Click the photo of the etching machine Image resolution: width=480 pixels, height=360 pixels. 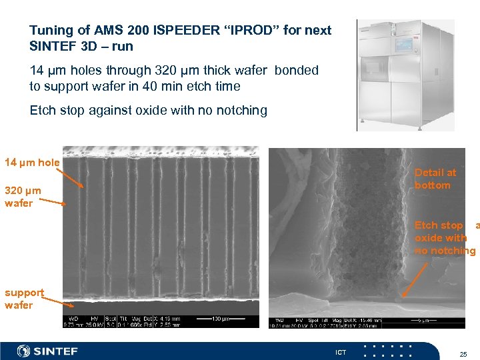pyautogui.click(x=405, y=75)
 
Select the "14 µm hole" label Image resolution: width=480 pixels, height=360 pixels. pyautogui.click(x=32, y=163)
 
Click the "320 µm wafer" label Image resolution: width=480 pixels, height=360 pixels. pyautogui.click(x=23, y=197)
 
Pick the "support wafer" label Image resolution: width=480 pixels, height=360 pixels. pyautogui.click(x=24, y=299)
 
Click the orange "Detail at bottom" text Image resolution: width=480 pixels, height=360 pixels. pyautogui.click(x=435, y=179)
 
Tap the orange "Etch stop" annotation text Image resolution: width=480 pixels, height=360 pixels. pyautogui.click(x=439, y=225)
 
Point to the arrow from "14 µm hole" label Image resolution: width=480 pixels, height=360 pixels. pyautogui.click(x=72, y=176)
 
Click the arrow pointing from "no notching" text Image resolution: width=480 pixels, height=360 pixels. pyautogui.click(x=421, y=277)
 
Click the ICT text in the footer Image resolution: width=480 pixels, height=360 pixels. pyautogui.click(x=341, y=352)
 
